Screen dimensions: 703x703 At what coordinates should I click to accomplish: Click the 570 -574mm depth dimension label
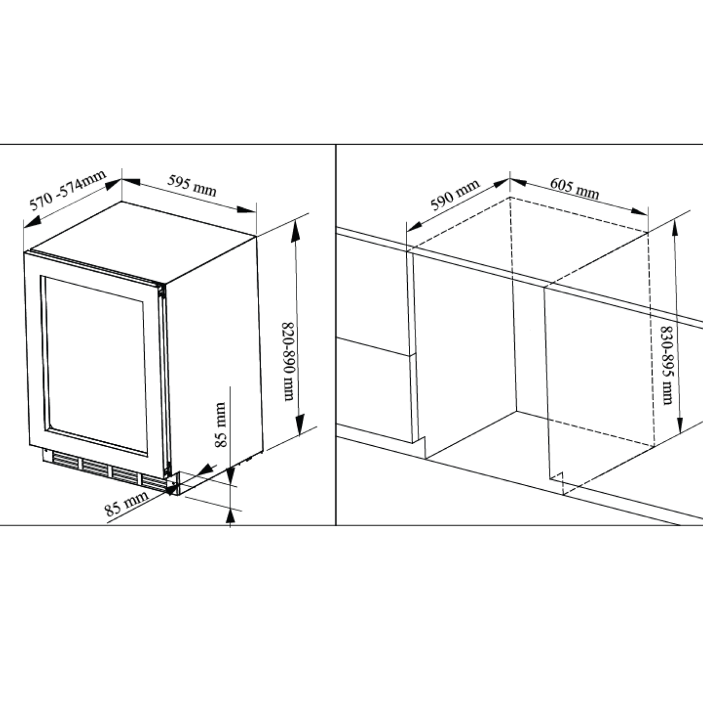pos(68,190)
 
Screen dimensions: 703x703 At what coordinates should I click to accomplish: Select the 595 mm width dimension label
pos(192,186)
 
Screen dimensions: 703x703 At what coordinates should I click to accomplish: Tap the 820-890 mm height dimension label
pos(288,361)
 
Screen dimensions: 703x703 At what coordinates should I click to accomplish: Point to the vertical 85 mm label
pos(220,425)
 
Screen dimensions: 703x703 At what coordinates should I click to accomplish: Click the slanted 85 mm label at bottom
pos(126,503)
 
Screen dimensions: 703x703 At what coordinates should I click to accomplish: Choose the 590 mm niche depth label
pos(455,195)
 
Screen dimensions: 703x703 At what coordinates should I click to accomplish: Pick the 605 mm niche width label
pos(575,188)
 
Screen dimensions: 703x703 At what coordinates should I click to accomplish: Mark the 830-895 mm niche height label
pos(667,365)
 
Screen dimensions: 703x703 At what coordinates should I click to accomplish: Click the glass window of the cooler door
pos(96,366)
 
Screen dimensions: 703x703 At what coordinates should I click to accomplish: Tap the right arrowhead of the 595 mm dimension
pos(246,210)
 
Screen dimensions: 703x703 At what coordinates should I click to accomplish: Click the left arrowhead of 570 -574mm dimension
pos(32,222)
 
